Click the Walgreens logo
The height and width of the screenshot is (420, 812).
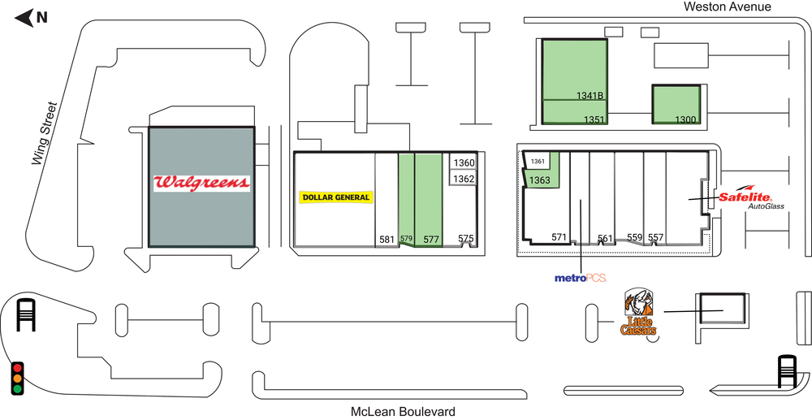201,182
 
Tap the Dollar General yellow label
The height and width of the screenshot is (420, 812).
335,197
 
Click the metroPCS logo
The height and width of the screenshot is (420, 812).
580,279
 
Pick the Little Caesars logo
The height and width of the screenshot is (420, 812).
638,314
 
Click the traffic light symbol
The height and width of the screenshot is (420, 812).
16,379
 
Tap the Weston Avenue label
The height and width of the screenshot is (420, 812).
727,6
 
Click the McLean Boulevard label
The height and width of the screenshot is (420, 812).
402,411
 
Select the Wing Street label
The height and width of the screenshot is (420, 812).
45,134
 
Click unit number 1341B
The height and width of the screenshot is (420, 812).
590,95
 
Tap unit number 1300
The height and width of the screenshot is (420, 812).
686,120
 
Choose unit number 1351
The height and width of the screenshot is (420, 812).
594,120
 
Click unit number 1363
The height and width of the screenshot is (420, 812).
539,180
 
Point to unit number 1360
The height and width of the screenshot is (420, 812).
464,162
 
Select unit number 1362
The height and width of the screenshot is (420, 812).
464,179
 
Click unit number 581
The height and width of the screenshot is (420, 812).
387,239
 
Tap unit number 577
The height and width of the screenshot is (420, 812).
431,239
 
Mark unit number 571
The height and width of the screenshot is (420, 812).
559,237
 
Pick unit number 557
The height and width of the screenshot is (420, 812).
655,237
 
